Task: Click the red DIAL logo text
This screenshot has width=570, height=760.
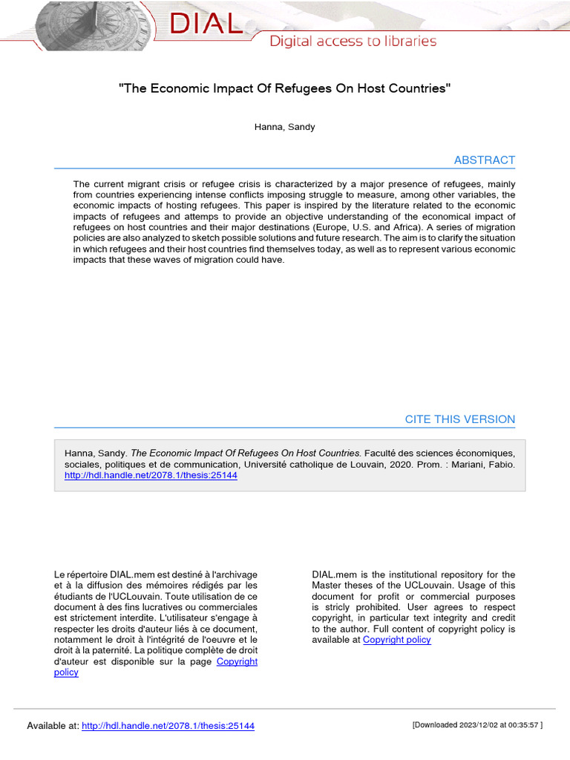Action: [206, 24]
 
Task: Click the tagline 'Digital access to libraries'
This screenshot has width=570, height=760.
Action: [353, 41]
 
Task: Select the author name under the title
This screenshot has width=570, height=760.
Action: [284, 127]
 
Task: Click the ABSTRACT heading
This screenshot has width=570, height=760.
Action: [484, 160]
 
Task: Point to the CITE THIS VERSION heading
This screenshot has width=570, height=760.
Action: [459, 419]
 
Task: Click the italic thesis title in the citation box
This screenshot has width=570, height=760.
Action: [246, 453]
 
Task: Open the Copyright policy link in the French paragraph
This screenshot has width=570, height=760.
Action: [237, 661]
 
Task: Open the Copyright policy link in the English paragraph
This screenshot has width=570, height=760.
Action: [396, 640]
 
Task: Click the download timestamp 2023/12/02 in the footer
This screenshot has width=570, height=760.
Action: [480, 725]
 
